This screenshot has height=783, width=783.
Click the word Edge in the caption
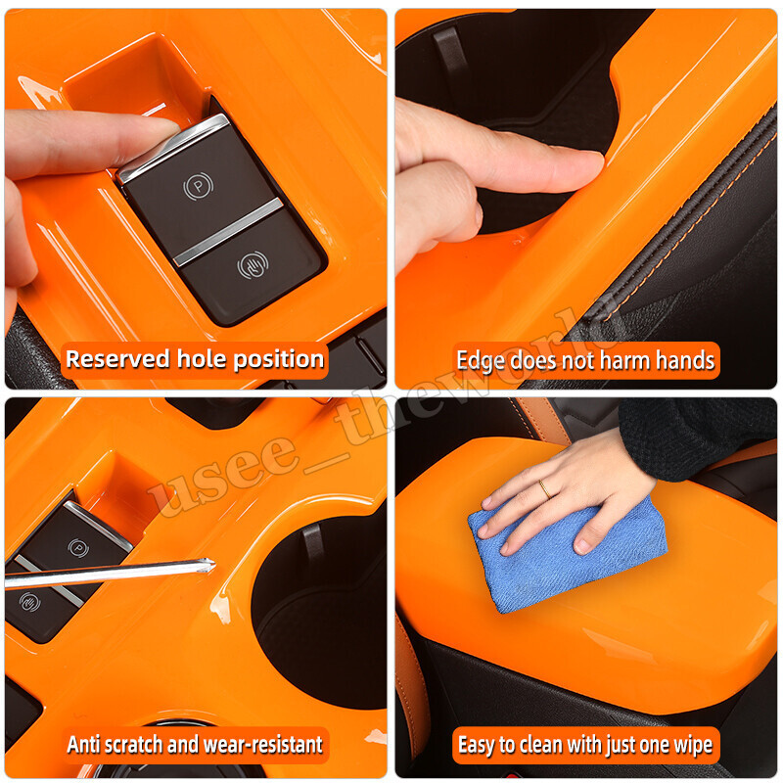tap(482, 360)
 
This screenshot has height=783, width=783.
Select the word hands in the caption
tap(684, 360)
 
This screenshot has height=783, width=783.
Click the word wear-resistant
tap(262, 745)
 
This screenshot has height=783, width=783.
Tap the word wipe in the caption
tap(691, 746)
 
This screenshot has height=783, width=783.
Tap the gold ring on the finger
tap(543, 486)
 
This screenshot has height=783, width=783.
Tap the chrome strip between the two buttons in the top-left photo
tap(227, 231)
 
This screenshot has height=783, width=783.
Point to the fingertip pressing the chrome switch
tap(157, 134)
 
